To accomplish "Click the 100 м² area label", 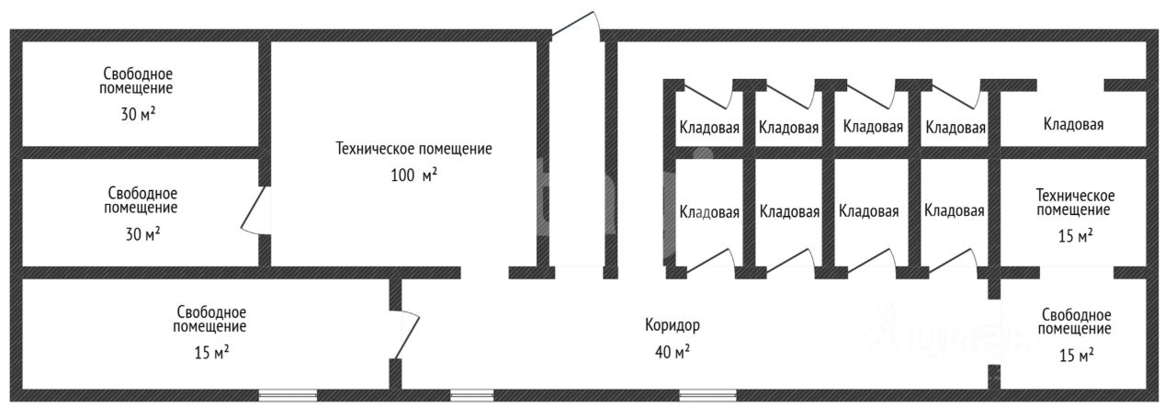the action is [413, 175].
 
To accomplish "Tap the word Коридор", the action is [672, 325].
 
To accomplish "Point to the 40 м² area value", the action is [672, 351].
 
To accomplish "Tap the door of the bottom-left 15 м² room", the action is [404, 334].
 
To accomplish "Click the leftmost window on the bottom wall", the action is [288, 396].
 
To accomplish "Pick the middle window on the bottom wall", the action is [472, 396].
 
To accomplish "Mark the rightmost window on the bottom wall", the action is [707, 396].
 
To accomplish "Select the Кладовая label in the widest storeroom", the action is [1073, 124].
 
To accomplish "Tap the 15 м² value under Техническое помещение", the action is [1075, 236].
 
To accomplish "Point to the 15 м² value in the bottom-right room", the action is [1075, 354].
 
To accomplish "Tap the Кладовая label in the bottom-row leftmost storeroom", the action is [709, 212].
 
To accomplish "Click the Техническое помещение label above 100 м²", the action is [413, 148].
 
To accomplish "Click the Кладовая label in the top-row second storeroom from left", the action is [788, 128].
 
